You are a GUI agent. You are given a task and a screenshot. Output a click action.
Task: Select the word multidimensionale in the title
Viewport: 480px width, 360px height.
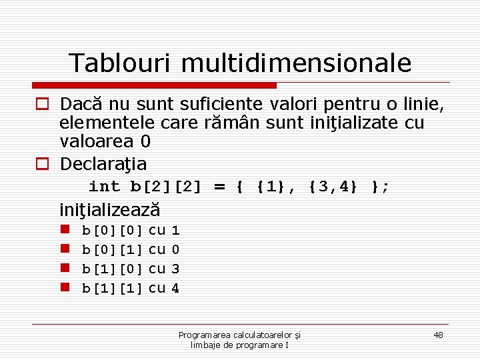295,63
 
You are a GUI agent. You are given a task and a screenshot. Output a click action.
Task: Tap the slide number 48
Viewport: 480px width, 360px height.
438,335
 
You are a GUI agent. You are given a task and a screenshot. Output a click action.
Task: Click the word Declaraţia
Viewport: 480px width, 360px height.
103,163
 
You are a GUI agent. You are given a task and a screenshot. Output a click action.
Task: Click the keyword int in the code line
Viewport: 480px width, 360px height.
105,187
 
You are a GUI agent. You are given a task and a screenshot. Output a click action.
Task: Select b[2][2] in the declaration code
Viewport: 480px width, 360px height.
165,187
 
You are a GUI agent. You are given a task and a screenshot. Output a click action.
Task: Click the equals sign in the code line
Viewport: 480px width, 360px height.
219,187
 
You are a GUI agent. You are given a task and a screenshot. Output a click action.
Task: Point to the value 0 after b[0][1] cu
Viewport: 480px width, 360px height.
175,249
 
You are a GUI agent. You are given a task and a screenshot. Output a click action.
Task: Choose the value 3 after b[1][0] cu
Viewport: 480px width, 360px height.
175,269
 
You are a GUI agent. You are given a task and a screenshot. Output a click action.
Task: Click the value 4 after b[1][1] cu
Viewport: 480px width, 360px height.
175,288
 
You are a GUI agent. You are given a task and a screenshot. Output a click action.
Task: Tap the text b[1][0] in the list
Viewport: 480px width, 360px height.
112,269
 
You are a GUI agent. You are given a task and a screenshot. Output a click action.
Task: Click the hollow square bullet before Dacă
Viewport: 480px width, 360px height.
42,104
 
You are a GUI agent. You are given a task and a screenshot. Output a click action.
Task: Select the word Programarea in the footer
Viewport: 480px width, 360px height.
200,335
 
